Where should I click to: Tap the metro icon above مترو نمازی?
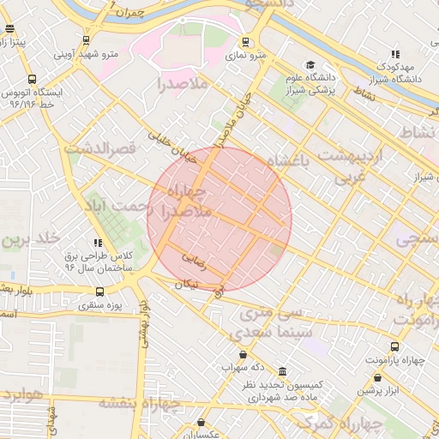pyautogui.click(x=246, y=41)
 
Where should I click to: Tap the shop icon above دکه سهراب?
pyautogui.click(x=243, y=354)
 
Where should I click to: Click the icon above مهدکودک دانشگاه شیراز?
pyautogui.click(x=394, y=54)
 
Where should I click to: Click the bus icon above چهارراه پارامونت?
pyautogui.click(x=394, y=346)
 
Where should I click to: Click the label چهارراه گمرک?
pyautogui.click(x=372, y=423)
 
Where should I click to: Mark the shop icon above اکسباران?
pyautogui.click(x=201, y=423)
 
